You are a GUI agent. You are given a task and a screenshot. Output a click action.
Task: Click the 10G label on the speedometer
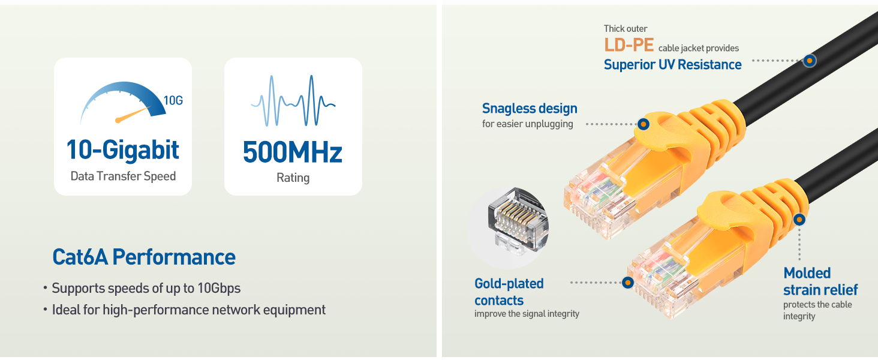click(x=173, y=101)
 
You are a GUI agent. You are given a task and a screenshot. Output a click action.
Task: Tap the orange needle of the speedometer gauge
click(x=133, y=115)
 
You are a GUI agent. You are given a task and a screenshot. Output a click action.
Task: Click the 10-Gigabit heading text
click(x=123, y=150)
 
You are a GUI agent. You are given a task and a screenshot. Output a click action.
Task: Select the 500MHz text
click(x=293, y=152)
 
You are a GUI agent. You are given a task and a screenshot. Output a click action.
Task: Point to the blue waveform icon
click(x=293, y=101)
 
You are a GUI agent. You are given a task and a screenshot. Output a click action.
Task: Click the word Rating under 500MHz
click(x=293, y=178)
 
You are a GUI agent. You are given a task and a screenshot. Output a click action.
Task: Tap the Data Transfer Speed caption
click(x=123, y=176)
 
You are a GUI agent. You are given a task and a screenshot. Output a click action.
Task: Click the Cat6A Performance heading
click(x=144, y=257)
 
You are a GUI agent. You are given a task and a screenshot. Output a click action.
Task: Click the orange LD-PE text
click(x=629, y=45)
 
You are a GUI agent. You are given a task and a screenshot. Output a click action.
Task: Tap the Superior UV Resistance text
click(x=673, y=65)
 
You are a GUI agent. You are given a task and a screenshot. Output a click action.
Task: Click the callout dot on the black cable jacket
click(x=810, y=61)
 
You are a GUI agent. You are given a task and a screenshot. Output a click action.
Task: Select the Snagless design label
click(x=530, y=108)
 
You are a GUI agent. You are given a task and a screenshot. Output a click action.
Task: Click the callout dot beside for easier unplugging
click(x=644, y=124)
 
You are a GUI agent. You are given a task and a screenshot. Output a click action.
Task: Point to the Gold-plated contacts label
click(x=509, y=292)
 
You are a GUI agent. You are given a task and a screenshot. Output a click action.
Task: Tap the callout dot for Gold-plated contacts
click(x=627, y=283)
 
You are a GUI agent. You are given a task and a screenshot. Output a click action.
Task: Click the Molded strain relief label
click(x=820, y=281)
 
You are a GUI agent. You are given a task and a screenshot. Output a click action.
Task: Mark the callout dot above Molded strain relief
click(x=799, y=219)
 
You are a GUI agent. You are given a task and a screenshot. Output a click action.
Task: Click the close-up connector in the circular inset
click(x=518, y=221)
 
